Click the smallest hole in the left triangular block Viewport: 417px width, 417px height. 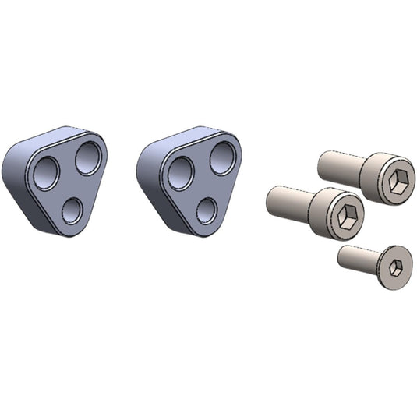pos(72,210)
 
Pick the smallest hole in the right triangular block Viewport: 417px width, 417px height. pos(207,210)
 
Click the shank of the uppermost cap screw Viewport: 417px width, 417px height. pos(340,166)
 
